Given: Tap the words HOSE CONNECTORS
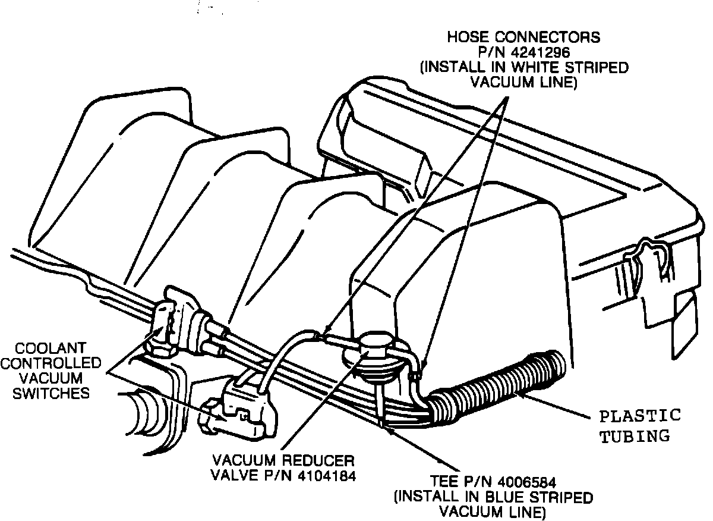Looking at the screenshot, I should click(x=523, y=37).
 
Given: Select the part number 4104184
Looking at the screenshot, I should click(x=320, y=476).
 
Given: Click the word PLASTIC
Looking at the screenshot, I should click(x=639, y=416).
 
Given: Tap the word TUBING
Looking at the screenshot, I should click(x=634, y=437).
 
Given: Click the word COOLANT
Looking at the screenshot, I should click(x=51, y=347).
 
